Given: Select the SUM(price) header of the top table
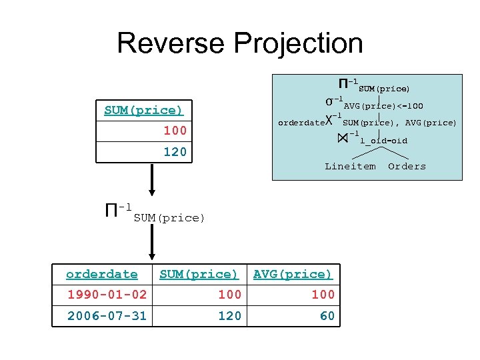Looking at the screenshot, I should pyautogui.click(x=143, y=110).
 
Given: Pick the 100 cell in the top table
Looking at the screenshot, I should pyautogui.click(x=175, y=131).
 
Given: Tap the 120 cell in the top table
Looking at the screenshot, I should pyautogui.click(x=175, y=151).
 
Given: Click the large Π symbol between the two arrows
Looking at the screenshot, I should pyautogui.click(x=112, y=212).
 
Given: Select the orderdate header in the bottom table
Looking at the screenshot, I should pyautogui.click(x=102, y=274).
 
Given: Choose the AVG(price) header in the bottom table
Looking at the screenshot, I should pyautogui.click(x=293, y=274).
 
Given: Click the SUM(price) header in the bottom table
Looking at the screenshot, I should pyautogui.click(x=199, y=274).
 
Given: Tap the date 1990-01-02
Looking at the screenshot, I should pyautogui.click(x=107, y=295).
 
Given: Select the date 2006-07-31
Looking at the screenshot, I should pyautogui.click(x=107, y=315).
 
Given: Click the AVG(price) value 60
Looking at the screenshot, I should pyautogui.click(x=327, y=315).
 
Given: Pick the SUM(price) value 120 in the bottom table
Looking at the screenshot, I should pyautogui.click(x=229, y=315).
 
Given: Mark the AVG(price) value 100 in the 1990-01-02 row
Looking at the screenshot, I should pyautogui.click(x=323, y=295).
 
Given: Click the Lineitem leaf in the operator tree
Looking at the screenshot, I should pyautogui.click(x=350, y=166).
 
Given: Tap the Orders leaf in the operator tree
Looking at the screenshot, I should pyautogui.click(x=407, y=166).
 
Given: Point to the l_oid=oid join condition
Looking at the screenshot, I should pyautogui.click(x=383, y=141).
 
